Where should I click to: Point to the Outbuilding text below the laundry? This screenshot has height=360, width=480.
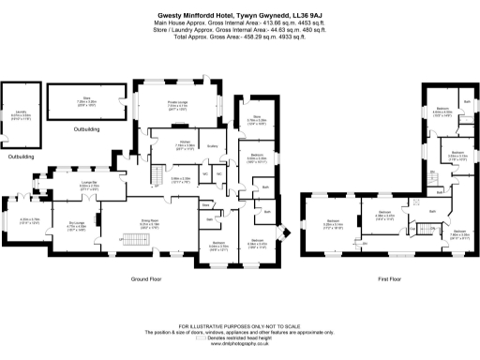[x=20, y=157]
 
